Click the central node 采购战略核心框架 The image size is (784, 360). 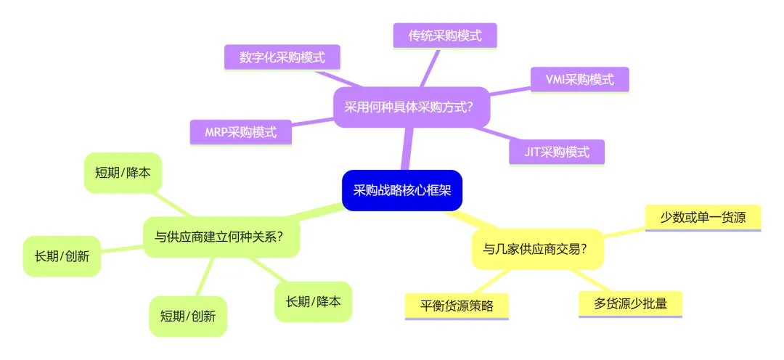click(x=401, y=191)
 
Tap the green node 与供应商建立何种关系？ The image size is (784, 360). click(x=221, y=237)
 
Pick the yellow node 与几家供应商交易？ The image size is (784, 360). click(x=537, y=249)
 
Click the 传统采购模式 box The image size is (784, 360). click(x=444, y=36)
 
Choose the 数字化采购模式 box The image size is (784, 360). click(x=282, y=57)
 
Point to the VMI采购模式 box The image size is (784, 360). click(x=579, y=80)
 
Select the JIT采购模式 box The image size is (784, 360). click(x=557, y=152)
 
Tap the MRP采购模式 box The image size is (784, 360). click(x=240, y=132)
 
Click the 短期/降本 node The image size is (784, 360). click(x=123, y=173)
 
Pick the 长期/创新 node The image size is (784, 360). click(x=62, y=256)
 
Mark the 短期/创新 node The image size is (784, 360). click(x=188, y=316)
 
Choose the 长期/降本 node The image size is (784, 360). click(x=313, y=301)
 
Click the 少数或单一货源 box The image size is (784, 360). click(x=702, y=217)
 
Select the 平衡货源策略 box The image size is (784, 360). click(x=457, y=306)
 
